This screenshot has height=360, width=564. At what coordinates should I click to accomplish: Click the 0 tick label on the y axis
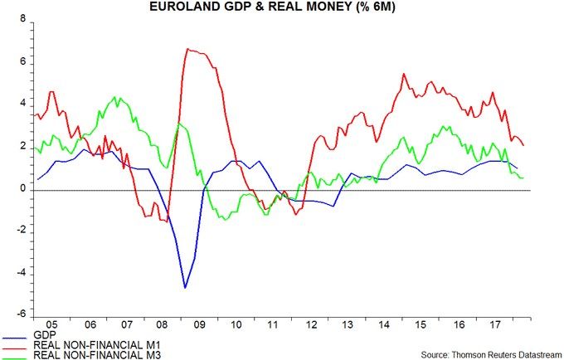tap(22, 190)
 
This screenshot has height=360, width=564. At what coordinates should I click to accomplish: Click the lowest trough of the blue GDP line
tap(185, 288)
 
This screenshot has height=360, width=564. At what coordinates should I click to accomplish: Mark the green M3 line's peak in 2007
tap(117, 98)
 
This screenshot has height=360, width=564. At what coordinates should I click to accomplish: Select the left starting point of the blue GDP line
tap(37, 179)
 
